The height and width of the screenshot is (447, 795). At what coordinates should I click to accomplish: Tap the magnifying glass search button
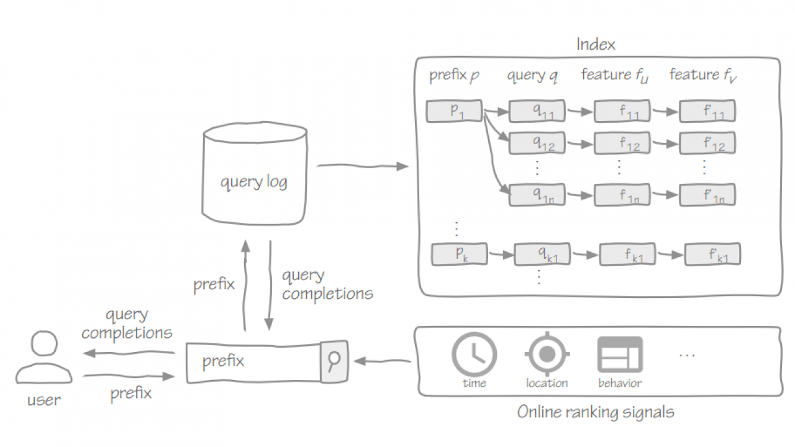click(x=334, y=360)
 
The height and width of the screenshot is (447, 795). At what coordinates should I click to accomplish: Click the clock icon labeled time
click(x=474, y=355)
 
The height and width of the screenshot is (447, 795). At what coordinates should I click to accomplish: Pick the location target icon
click(x=547, y=354)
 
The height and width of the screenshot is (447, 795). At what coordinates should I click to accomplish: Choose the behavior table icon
click(x=619, y=354)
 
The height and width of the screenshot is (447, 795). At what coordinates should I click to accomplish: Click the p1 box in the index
click(x=454, y=111)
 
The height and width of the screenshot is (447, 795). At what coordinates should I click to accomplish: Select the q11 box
click(x=537, y=111)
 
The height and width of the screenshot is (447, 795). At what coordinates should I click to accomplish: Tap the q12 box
click(x=537, y=144)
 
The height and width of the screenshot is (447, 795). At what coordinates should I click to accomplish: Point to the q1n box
click(x=537, y=195)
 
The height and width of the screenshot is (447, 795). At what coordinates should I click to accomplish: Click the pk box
click(x=459, y=254)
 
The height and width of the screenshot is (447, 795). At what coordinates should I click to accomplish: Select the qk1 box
click(x=542, y=255)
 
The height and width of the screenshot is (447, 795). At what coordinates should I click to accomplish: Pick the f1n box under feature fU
click(x=622, y=195)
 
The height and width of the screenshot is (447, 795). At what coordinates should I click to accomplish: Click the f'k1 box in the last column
click(x=712, y=255)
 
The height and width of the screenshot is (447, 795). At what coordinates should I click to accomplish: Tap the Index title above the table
click(x=596, y=45)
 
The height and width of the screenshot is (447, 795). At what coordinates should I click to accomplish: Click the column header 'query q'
click(x=532, y=76)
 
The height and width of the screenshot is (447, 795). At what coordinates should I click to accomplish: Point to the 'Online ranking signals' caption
click(x=595, y=412)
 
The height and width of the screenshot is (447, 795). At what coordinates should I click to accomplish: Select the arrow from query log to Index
click(x=363, y=166)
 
